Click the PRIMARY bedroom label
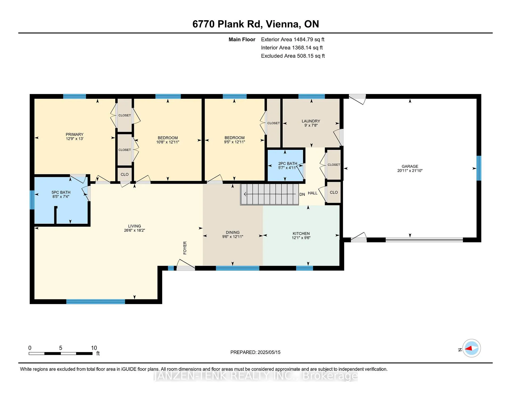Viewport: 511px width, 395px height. pyautogui.click(x=75, y=134)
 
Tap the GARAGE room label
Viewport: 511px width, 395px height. pyautogui.click(x=410, y=166)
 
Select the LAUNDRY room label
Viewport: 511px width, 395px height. pyautogui.click(x=311, y=121)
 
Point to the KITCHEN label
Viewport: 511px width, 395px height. pyautogui.click(x=301, y=233)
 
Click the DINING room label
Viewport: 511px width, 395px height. pyautogui.click(x=233, y=232)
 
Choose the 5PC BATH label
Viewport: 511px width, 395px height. pyautogui.click(x=61, y=192)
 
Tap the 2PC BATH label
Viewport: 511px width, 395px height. pyautogui.click(x=288, y=163)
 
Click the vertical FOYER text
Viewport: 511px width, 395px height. pyautogui.click(x=185, y=248)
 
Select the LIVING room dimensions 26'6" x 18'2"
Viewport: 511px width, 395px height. pyautogui.click(x=134, y=230)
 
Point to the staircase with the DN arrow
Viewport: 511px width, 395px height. pyautogui.click(x=270, y=194)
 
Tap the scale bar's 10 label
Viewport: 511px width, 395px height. pyautogui.click(x=94, y=348)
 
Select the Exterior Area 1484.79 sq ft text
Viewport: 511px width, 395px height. pyautogui.click(x=293, y=39)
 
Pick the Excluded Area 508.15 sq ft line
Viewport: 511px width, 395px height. pyautogui.click(x=293, y=56)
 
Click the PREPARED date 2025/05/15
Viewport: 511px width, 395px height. pyautogui.click(x=269, y=352)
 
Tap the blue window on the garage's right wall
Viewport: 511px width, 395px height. pyautogui.click(x=479, y=168)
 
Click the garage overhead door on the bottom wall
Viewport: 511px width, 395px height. pyautogui.click(x=424, y=240)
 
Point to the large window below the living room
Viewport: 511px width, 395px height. pyautogui.click(x=96, y=302)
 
